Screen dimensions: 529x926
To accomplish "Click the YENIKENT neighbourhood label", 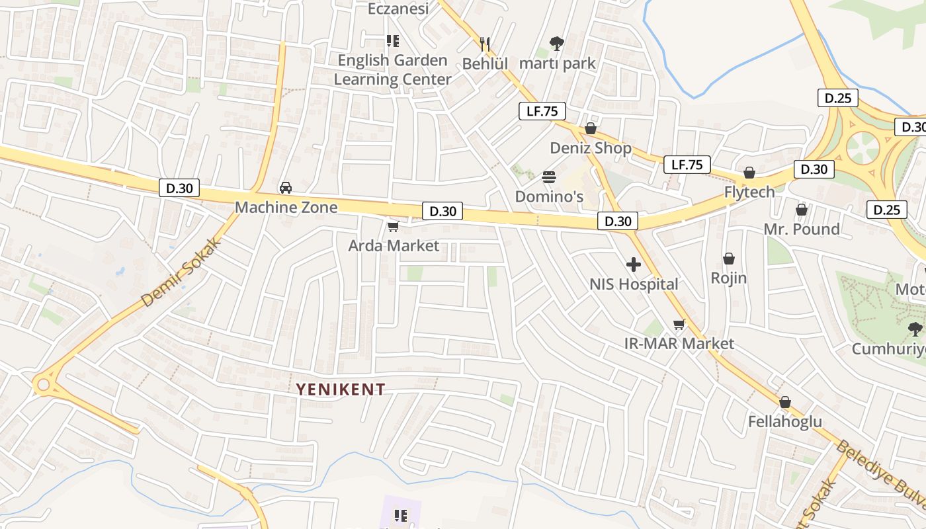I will click(x=340, y=389).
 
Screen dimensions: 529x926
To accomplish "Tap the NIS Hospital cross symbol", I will click(x=634, y=265).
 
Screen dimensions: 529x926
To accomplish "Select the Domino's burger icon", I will click(x=549, y=177).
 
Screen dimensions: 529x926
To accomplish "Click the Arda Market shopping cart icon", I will click(x=393, y=227).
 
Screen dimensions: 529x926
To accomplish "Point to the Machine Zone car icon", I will click(x=286, y=188).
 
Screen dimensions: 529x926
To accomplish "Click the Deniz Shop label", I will click(x=591, y=148).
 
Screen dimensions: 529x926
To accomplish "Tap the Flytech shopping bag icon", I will click(x=749, y=173).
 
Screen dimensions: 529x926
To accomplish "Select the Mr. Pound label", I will click(x=802, y=229).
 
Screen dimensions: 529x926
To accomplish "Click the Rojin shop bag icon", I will click(x=729, y=259).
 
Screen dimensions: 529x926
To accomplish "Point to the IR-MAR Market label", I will click(x=679, y=344).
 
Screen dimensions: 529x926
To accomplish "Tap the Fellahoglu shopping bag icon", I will click(x=785, y=402).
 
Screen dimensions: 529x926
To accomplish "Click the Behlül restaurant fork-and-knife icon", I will click(x=485, y=44).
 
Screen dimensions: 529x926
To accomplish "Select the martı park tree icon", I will click(x=557, y=44).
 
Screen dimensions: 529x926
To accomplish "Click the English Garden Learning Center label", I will click(x=392, y=69).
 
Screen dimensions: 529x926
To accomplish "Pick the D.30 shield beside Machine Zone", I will click(x=179, y=188).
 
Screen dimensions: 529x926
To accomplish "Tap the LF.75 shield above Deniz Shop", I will click(x=542, y=111).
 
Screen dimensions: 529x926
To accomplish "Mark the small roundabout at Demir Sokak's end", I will click(x=44, y=384).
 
